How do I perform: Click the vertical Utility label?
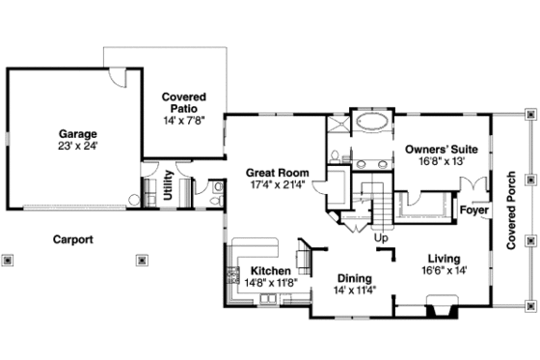(x=168, y=185)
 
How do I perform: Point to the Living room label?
(x=443, y=260)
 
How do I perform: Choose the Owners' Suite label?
(x=441, y=150)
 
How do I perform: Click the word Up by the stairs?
(x=381, y=237)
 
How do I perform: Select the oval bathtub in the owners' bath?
(x=372, y=123)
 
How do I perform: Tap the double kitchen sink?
(x=265, y=301)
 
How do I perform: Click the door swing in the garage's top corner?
(x=117, y=76)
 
